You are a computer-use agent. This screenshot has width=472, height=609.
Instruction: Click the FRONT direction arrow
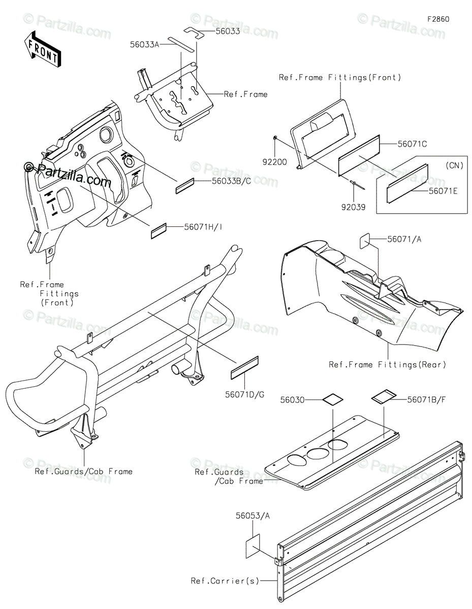coord(42,50)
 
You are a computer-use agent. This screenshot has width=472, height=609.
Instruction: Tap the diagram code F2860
coord(438,19)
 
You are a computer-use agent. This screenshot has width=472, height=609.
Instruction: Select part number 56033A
coord(144,45)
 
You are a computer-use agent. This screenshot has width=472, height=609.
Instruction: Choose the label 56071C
coord(410,144)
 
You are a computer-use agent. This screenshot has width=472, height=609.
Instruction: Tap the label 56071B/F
coord(427,399)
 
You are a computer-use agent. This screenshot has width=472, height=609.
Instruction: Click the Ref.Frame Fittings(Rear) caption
coord(387,364)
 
